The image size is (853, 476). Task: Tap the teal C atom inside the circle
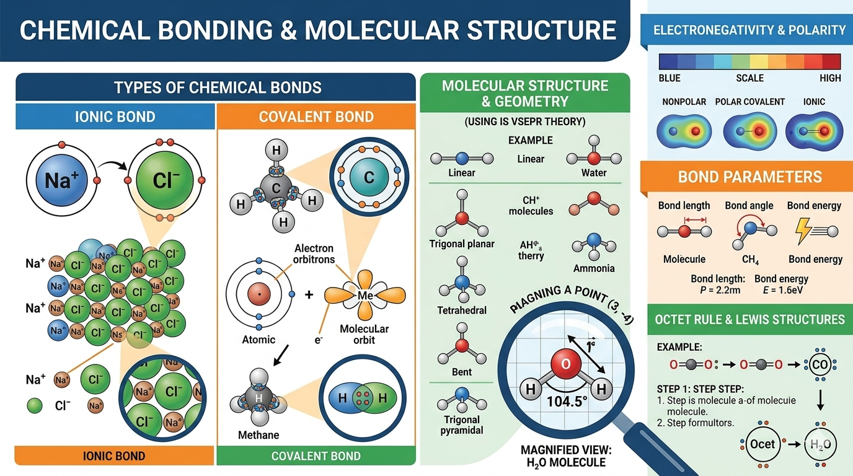click(x=368, y=178)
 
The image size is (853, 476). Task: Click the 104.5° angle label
click(x=564, y=400)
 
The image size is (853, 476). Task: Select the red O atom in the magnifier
click(x=565, y=364)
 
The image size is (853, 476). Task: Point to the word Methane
click(x=259, y=435)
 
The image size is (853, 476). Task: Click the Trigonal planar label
click(x=462, y=244)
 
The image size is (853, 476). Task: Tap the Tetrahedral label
click(x=462, y=310)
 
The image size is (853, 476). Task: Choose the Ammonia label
click(x=594, y=268)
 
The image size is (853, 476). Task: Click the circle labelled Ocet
click(x=762, y=444)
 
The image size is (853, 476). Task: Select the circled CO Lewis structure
click(x=820, y=365)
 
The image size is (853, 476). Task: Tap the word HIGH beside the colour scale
click(x=830, y=78)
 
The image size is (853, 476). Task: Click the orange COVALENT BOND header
click(x=316, y=116)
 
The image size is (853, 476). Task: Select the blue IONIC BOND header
click(x=115, y=116)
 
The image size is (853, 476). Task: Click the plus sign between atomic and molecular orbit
click(x=309, y=294)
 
